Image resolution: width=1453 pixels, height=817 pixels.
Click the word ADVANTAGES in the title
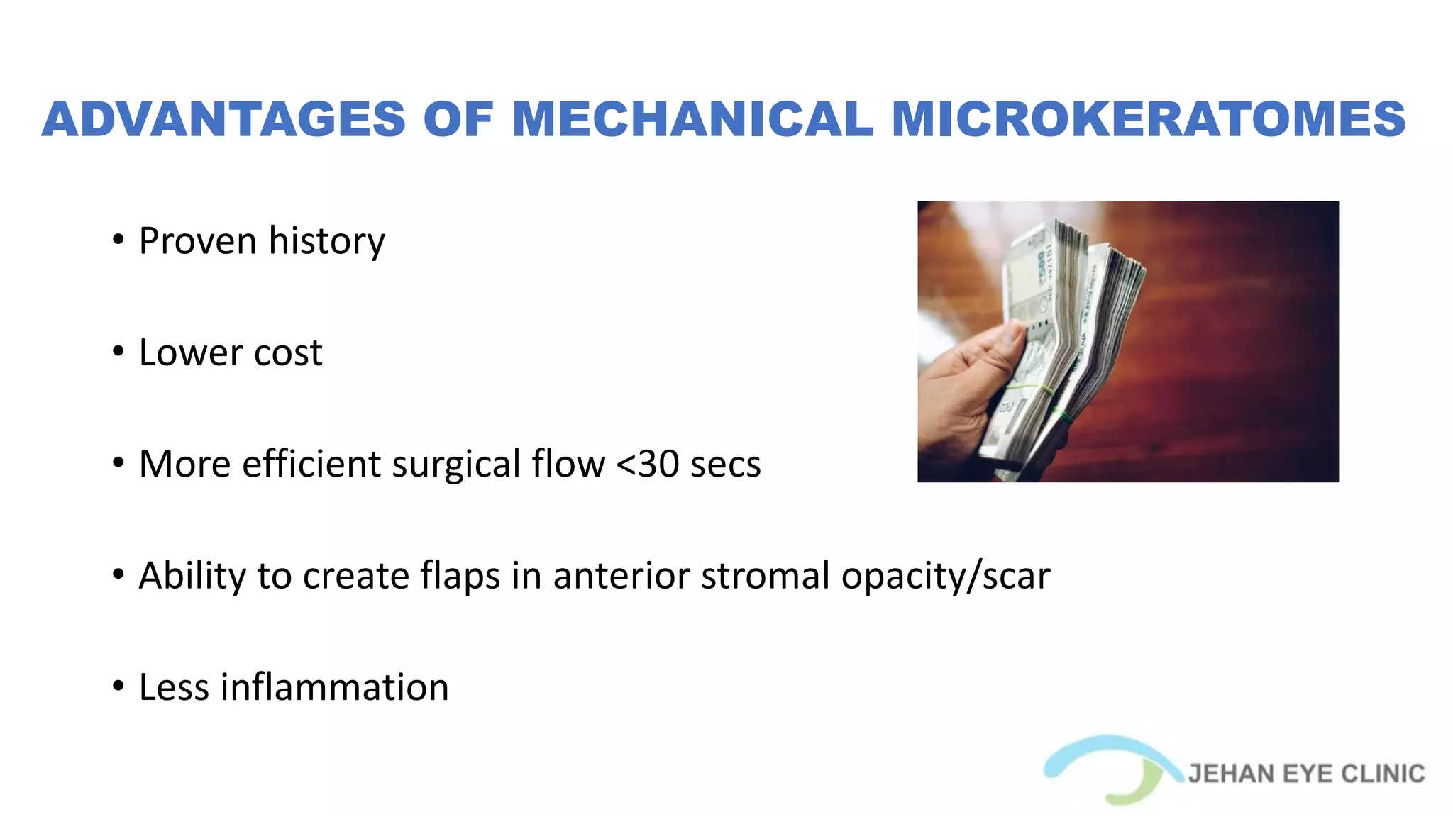223,119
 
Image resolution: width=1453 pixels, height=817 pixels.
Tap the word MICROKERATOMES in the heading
1148,119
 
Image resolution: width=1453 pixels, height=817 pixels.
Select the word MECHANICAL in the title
692,119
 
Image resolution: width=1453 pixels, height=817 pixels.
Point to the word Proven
198,242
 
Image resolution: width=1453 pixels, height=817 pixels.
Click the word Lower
191,353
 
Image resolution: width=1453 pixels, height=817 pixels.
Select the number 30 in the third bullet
658,465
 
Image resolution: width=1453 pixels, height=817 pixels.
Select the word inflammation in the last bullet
334,687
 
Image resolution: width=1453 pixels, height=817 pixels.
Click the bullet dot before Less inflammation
118,686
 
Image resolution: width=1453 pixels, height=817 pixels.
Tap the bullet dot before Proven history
118,240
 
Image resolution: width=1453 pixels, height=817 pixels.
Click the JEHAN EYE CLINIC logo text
1306,774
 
